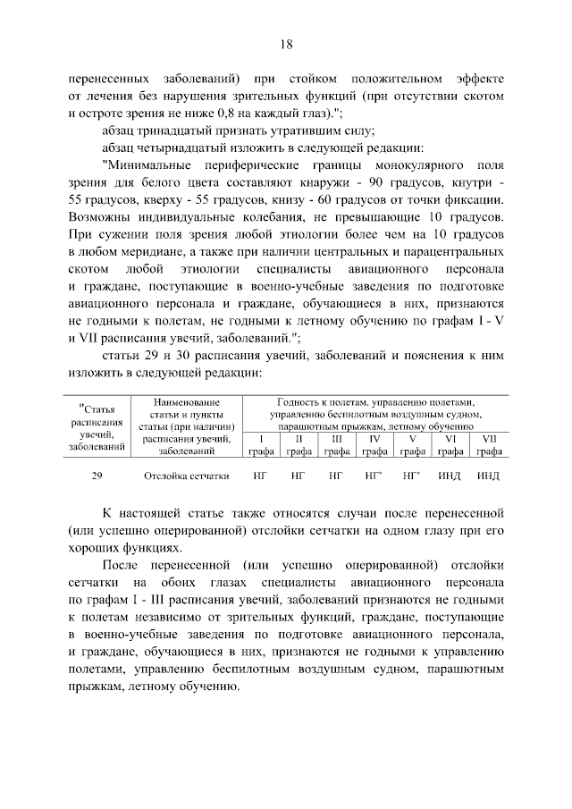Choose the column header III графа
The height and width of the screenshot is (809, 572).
click(337, 445)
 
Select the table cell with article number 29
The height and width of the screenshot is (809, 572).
click(97, 476)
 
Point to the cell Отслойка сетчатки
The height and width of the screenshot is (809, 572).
click(186, 476)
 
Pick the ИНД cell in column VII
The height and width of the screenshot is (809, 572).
click(488, 476)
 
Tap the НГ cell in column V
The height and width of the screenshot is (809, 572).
click(412, 476)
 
